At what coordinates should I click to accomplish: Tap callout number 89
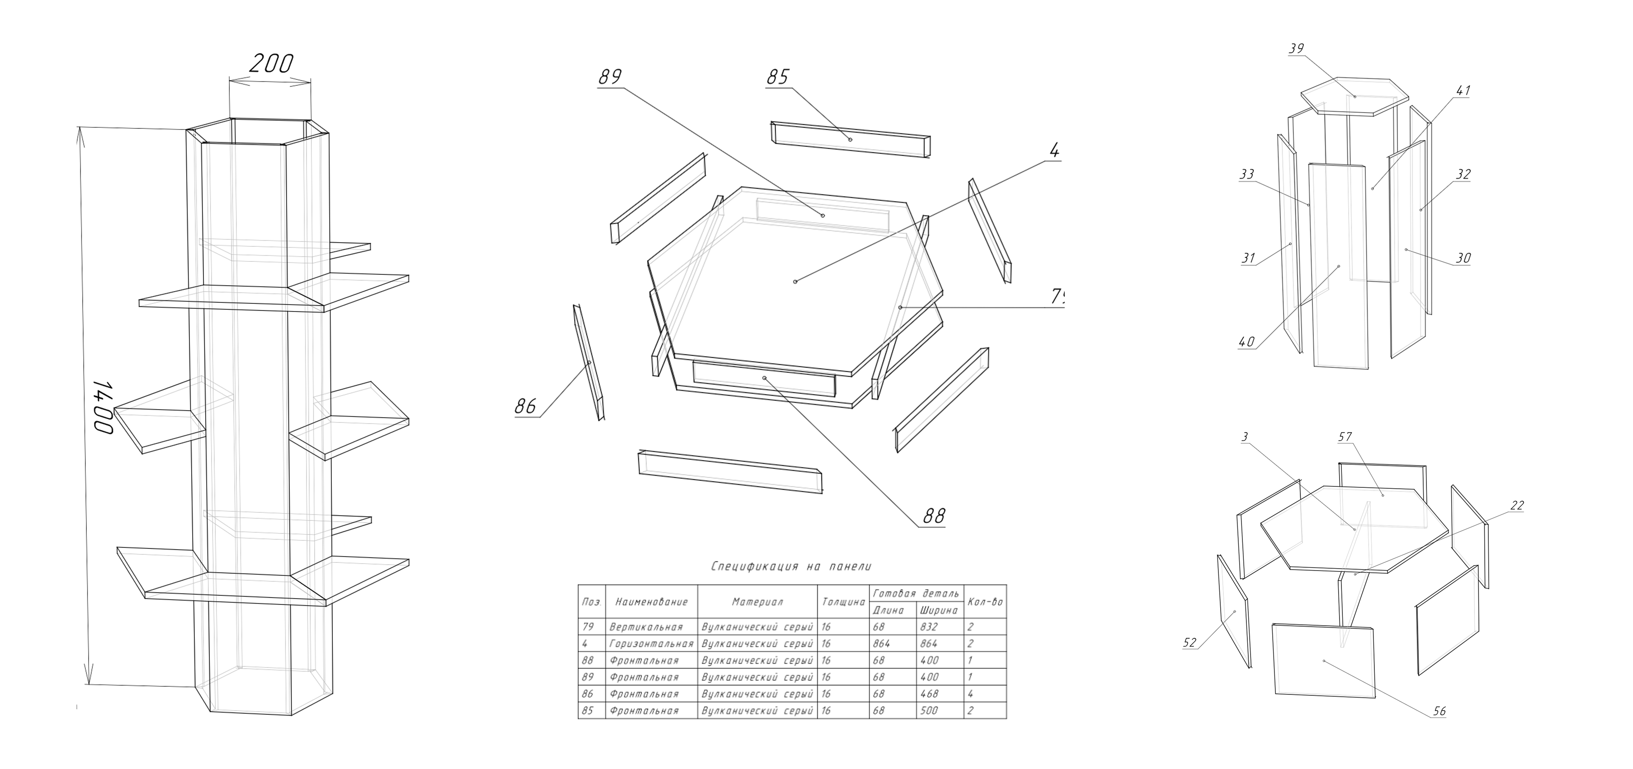[x=610, y=77]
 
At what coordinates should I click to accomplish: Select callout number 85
[x=777, y=77]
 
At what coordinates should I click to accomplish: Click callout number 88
[x=934, y=516]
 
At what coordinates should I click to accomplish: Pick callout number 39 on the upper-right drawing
[x=1296, y=49]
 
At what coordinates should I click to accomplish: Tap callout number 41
[x=1463, y=91]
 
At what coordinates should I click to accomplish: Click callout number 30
[x=1463, y=258]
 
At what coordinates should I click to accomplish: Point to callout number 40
[x=1246, y=342]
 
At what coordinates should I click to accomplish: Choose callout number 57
[x=1345, y=437]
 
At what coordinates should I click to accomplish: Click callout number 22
[x=1517, y=505]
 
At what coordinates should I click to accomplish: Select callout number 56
[x=1439, y=711]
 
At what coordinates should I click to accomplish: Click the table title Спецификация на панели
[x=791, y=566]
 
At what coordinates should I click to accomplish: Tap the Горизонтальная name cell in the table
[x=651, y=643]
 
